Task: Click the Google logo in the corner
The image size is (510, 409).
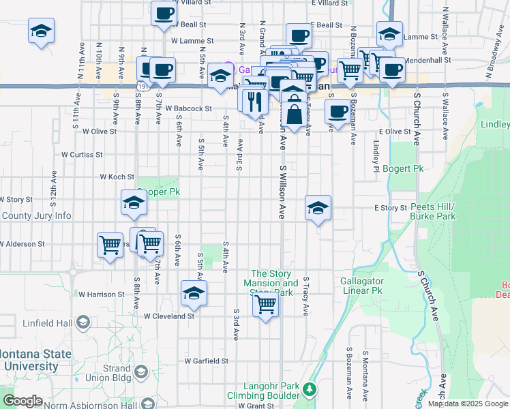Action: click(x=22, y=402)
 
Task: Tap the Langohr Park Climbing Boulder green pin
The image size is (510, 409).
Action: click(x=310, y=390)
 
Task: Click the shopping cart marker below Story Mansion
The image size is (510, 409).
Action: click(x=265, y=304)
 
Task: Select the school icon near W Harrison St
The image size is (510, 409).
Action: click(x=194, y=293)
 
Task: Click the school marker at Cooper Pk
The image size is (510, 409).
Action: click(x=134, y=202)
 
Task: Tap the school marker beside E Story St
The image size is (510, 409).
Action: click(x=318, y=208)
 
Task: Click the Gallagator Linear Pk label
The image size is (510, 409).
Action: click(x=364, y=286)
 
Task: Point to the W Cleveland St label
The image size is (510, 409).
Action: click(x=168, y=316)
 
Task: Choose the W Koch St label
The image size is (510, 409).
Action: click(x=117, y=177)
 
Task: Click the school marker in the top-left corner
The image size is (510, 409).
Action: click(x=41, y=31)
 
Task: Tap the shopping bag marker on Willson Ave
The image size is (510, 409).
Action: click(x=294, y=115)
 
